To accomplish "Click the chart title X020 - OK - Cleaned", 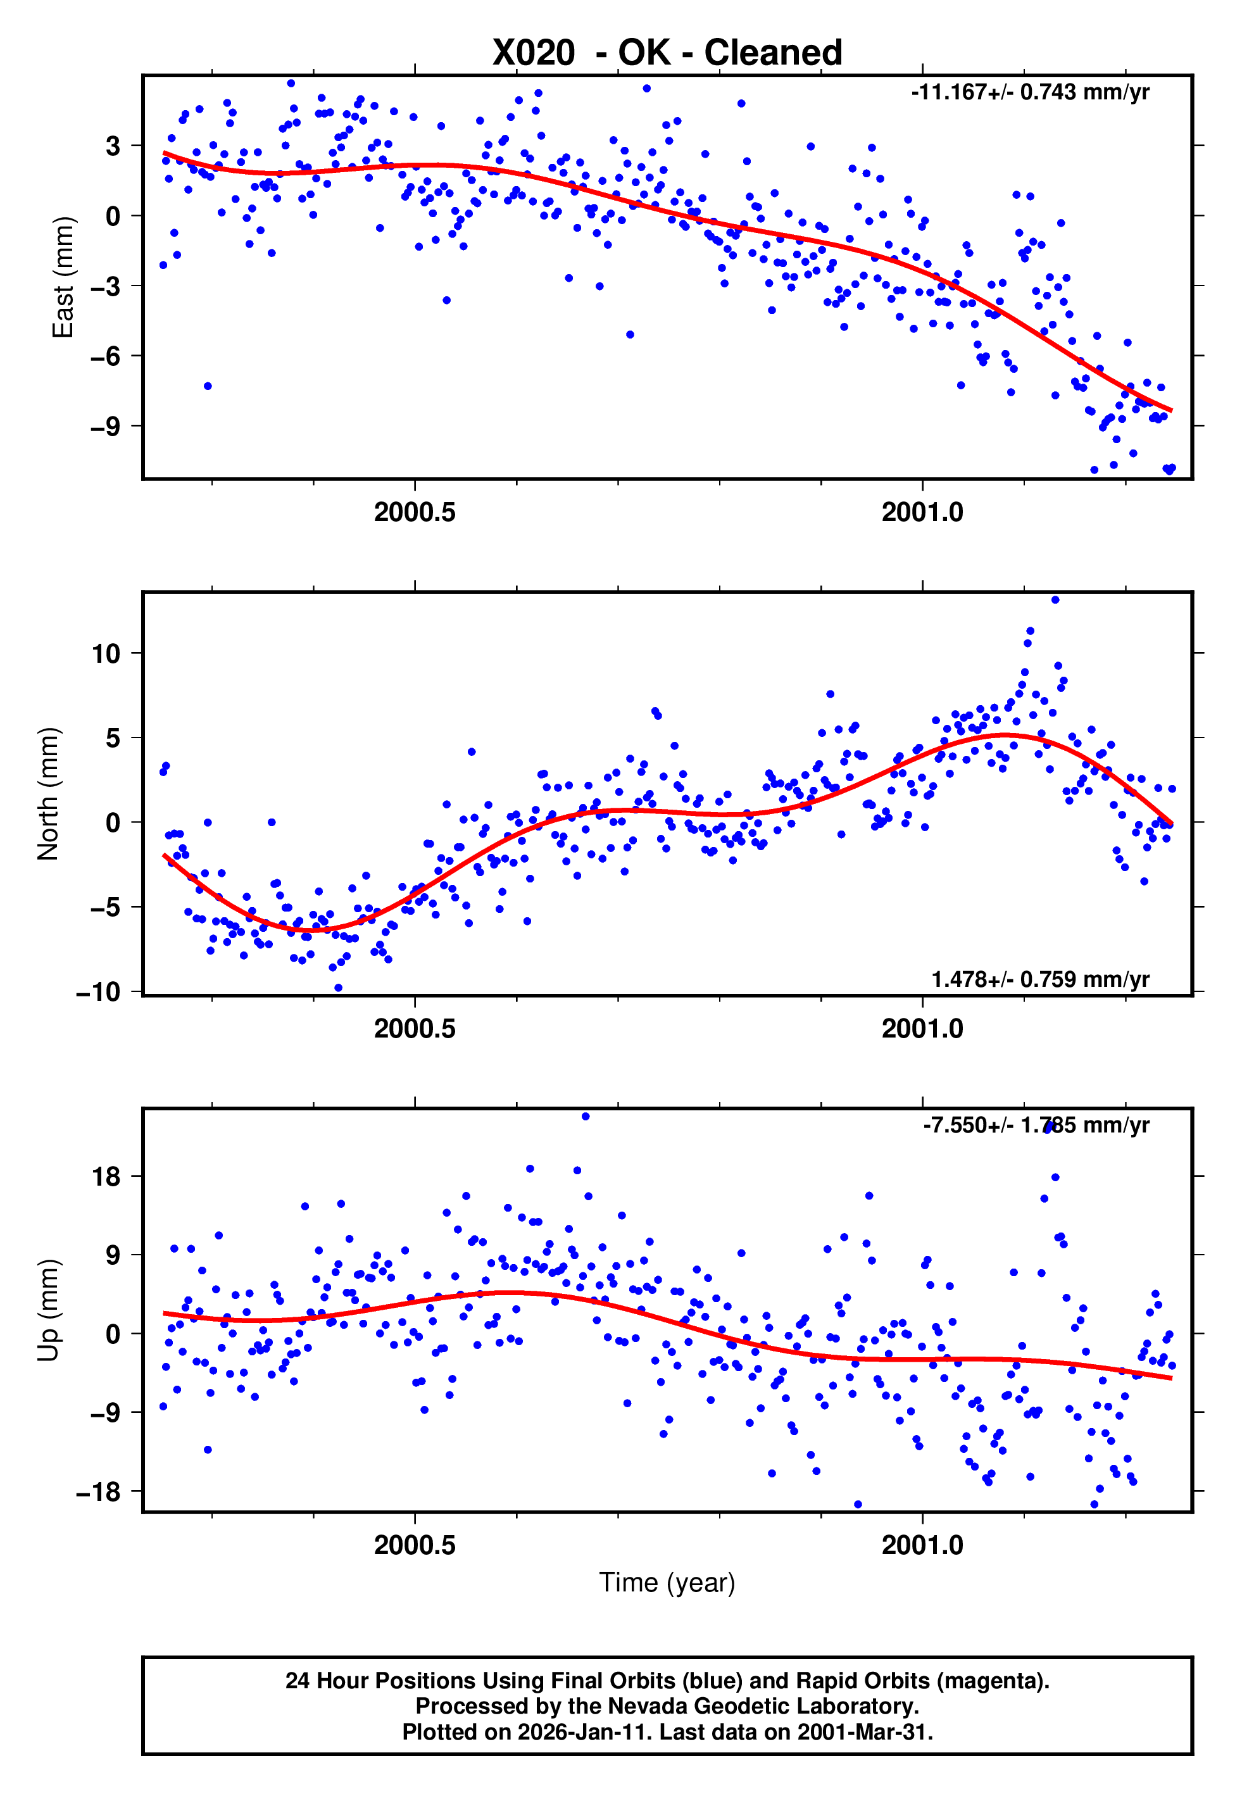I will tap(667, 53).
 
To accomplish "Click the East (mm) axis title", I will tap(62, 278).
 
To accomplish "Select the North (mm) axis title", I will tap(48, 794).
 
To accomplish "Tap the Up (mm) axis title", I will tap(48, 1310).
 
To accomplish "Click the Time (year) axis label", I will tap(667, 1583).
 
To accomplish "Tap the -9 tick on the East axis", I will tap(106, 426).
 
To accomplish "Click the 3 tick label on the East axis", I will tap(113, 146).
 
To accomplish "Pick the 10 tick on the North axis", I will tap(106, 653).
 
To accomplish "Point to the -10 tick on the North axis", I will tap(99, 993).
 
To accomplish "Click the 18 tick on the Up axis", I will tap(106, 1177).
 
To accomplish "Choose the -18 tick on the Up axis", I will tap(99, 1492).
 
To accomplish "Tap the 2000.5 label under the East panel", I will tap(415, 513).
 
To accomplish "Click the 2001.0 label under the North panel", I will tap(922, 1029).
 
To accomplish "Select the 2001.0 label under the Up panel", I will tap(922, 1546).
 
